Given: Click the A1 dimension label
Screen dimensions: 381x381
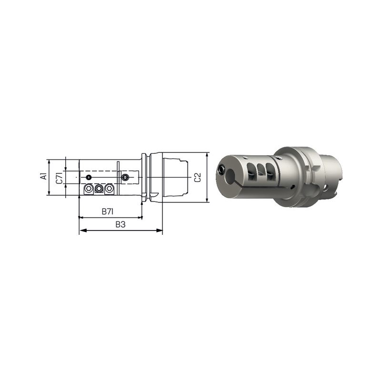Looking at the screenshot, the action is pos(44,176).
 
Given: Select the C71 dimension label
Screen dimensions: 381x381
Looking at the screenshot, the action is pos(60,178).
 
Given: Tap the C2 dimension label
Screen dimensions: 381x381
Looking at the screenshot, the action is pos(198,177).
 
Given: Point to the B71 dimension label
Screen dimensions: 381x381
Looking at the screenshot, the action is pos(108,211).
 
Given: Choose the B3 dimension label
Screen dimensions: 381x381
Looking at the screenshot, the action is pos(120,224).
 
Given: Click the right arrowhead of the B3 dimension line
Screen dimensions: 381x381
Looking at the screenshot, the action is pos(159,231).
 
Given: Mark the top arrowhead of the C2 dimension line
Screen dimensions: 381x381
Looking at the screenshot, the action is pos(207,156).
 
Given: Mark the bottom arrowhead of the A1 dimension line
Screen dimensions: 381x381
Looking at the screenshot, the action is pos(49,192).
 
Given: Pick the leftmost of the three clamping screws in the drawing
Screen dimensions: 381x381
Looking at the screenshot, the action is pos(89,188).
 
